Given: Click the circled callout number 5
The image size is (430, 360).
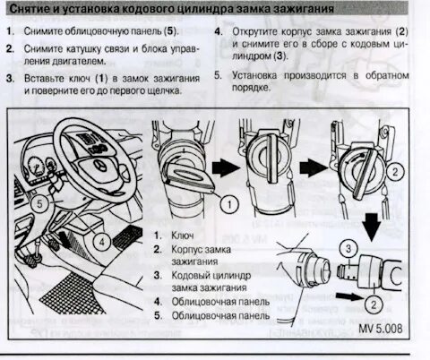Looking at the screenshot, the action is click(x=39, y=204).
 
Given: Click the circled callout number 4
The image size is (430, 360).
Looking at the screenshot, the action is click(x=101, y=241).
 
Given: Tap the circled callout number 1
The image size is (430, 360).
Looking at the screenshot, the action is click(x=229, y=204).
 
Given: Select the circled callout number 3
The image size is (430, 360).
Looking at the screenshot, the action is click(x=348, y=248).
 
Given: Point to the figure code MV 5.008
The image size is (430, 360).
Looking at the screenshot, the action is click(x=380, y=329).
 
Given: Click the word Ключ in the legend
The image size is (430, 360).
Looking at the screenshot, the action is click(x=183, y=236).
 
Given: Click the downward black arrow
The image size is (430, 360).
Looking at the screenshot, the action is click(x=372, y=227).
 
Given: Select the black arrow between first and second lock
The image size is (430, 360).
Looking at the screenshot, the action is click(x=226, y=167).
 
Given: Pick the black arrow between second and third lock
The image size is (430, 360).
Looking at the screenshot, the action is click(x=314, y=167).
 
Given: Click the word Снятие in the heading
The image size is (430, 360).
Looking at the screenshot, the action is click(x=30, y=9).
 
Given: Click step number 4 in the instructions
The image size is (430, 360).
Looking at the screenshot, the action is click(x=219, y=31).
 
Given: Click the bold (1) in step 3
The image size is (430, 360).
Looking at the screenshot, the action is click(x=101, y=79).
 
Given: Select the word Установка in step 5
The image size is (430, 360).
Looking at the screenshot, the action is click(x=254, y=75).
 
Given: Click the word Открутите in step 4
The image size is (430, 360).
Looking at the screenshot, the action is click(x=255, y=31).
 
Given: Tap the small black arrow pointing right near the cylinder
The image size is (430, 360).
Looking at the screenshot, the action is click(x=349, y=296).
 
